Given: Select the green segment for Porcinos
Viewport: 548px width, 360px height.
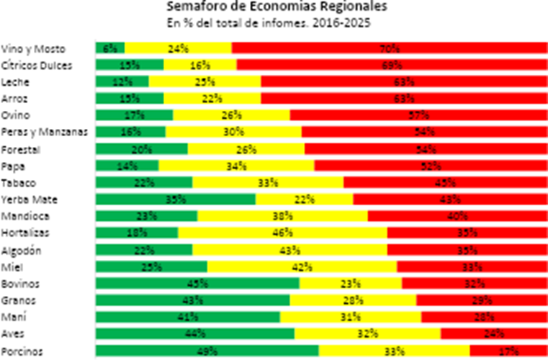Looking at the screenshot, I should [x=207, y=351].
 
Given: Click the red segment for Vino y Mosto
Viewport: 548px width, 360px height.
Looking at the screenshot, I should [x=389, y=48].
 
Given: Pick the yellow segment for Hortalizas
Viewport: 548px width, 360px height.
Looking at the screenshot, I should [x=282, y=233].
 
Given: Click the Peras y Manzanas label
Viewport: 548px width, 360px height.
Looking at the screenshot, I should [x=45, y=132].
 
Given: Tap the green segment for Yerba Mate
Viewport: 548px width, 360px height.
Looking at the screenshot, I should [x=176, y=199].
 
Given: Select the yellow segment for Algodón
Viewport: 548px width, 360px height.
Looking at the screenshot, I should [x=289, y=250].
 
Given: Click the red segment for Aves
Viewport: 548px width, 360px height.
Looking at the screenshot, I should [x=493, y=333].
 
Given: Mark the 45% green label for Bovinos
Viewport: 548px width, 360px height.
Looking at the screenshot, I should [x=198, y=283].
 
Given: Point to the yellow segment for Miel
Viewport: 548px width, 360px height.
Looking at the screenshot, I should [x=302, y=266].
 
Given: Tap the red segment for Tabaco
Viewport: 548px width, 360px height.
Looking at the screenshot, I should [x=445, y=182].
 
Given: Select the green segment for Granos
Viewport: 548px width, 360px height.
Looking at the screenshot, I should [x=193, y=300].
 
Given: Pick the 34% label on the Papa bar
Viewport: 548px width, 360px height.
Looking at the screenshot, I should [x=236, y=166].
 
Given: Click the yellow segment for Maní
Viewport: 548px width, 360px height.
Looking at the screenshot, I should [x=351, y=317].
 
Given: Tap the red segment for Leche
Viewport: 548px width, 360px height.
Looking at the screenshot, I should [x=403, y=81].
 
